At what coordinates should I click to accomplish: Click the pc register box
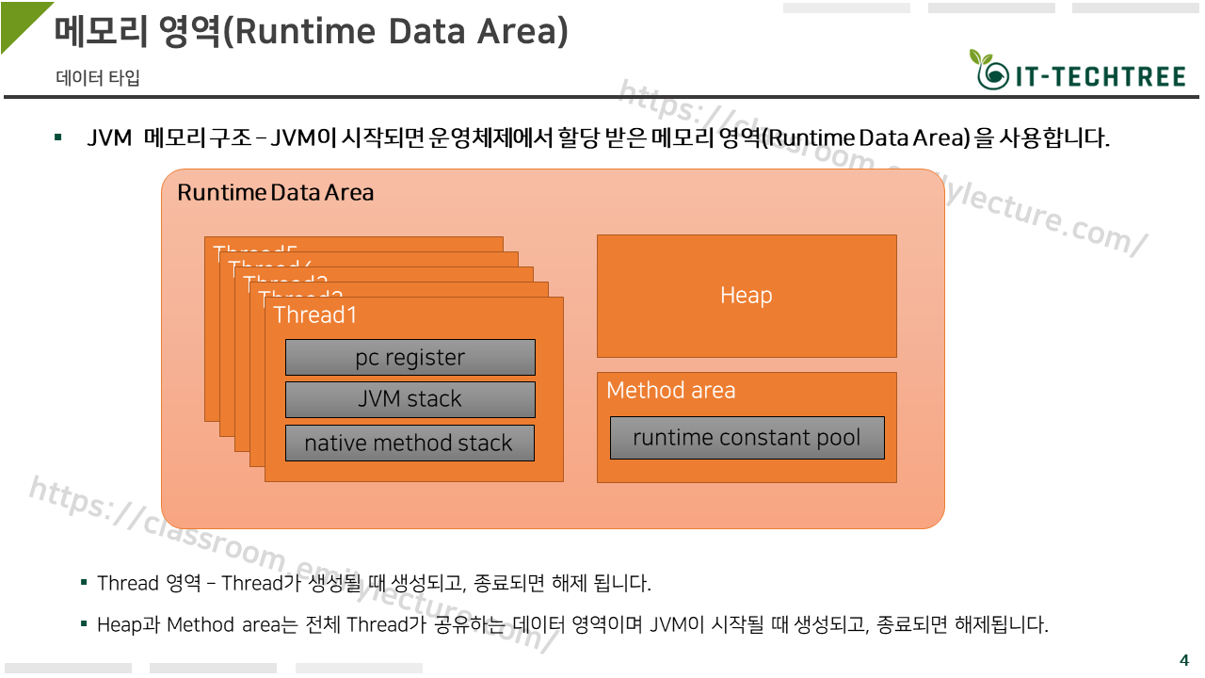point(410,358)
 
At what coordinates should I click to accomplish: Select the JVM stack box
point(410,399)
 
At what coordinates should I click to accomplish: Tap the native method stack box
point(410,444)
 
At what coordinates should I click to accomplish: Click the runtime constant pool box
point(747,438)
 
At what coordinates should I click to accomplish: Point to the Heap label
point(746,296)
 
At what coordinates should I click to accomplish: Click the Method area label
point(670,391)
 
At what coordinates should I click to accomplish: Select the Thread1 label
point(315,315)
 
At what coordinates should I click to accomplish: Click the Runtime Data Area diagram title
point(275,193)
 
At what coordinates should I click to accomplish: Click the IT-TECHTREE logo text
point(1099,77)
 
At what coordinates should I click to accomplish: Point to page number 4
point(1184,659)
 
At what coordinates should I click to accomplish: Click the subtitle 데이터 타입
point(98,78)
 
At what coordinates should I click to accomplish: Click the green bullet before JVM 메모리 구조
point(58,139)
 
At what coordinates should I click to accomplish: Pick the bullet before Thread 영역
point(84,583)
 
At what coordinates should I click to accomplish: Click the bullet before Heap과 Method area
point(84,624)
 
